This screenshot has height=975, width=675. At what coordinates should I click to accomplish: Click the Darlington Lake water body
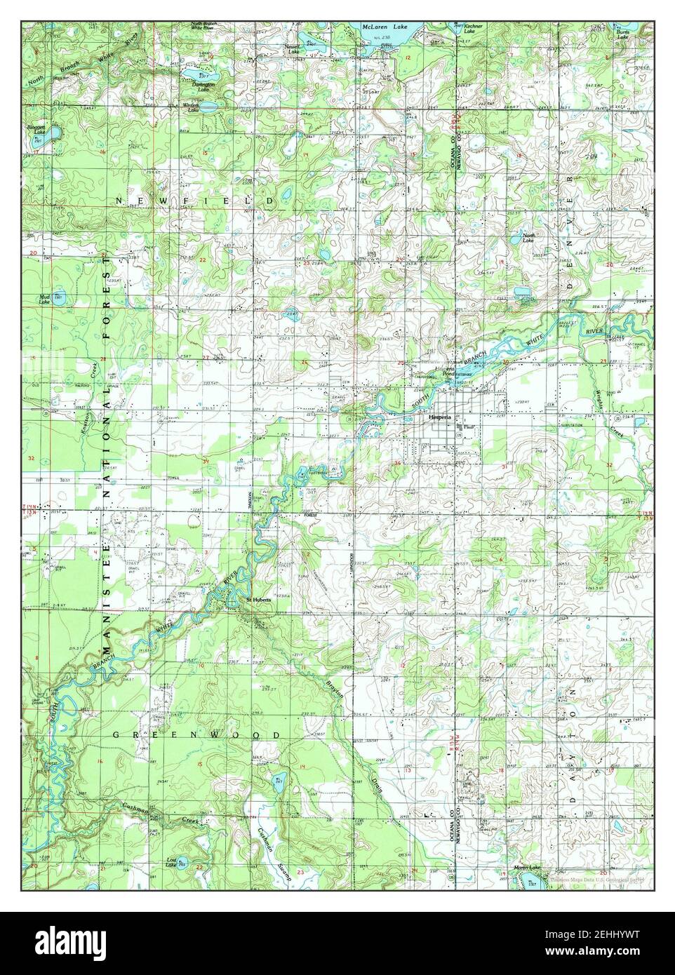[190, 73]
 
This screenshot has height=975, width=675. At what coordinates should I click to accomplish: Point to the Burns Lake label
[622, 33]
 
